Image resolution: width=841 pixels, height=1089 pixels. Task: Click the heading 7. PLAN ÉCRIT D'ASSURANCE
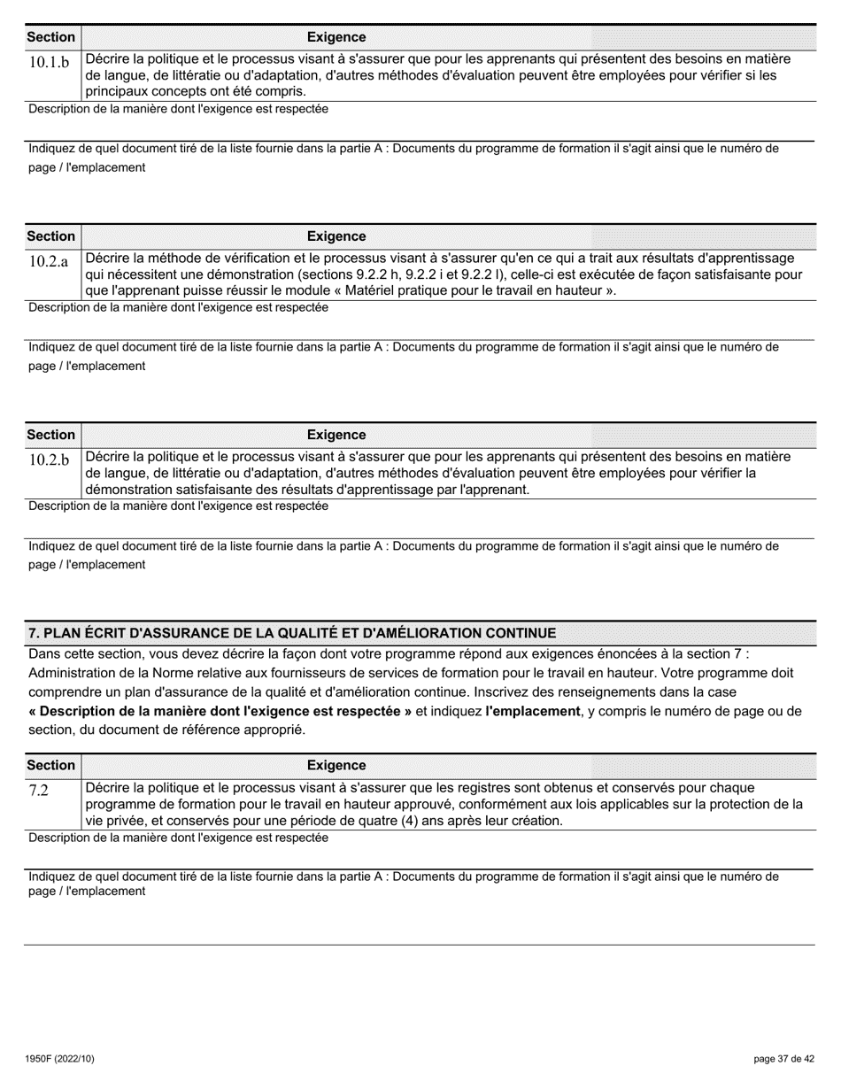[x=292, y=633]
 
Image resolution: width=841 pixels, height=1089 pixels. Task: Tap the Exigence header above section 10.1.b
[x=336, y=37]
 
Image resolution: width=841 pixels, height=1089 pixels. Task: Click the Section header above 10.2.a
[x=51, y=236]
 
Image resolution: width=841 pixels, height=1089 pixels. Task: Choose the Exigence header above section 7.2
[x=336, y=765]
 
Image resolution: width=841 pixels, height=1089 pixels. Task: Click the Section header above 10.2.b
[x=51, y=435]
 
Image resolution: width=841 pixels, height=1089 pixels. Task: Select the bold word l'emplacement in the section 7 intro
[x=532, y=711]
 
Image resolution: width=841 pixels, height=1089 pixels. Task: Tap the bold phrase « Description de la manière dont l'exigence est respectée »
[x=220, y=711]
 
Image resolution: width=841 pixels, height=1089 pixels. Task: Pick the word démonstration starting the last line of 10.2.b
[x=126, y=490]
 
